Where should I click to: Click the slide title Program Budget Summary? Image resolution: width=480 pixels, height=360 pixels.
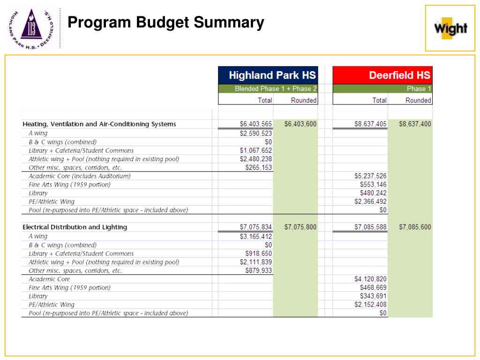pyautogui.click(x=166, y=22)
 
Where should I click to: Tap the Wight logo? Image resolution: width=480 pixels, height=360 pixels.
pyautogui.click(x=450, y=28)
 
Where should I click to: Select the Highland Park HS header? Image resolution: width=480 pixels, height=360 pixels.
pyautogui.click(x=272, y=75)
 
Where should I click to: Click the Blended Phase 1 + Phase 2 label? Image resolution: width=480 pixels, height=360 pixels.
pyautogui.click(x=276, y=89)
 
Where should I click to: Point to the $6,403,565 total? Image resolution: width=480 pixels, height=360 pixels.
pyautogui.click(x=255, y=124)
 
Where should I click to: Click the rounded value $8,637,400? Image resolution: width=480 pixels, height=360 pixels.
pyautogui.click(x=415, y=124)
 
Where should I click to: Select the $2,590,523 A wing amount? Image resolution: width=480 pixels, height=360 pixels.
pyautogui.click(x=255, y=133)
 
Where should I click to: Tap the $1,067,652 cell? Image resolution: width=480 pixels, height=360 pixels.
pyautogui.click(x=255, y=150)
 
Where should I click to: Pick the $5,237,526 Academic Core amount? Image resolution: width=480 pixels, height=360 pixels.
pyautogui.click(x=370, y=176)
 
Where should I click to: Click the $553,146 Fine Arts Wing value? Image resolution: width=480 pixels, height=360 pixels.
pyautogui.click(x=373, y=185)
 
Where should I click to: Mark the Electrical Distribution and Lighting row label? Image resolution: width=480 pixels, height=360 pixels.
pyautogui.click(x=75, y=227)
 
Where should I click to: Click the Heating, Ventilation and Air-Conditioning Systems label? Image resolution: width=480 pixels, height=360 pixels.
pyautogui.click(x=99, y=124)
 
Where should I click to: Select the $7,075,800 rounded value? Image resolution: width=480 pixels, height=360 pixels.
pyautogui.click(x=300, y=227)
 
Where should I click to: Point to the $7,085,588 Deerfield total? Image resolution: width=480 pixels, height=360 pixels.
pyautogui.click(x=370, y=227)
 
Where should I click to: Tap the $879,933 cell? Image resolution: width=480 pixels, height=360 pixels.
pyautogui.click(x=258, y=270)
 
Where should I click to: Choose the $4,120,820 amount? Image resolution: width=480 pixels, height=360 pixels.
pyautogui.click(x=370, y=279)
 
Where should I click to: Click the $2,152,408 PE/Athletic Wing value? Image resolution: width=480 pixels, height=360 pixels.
pyautogui.click(x=370, y=305)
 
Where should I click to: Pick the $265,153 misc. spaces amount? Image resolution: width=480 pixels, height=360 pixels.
pyautogui.click(x=258, y=168)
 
